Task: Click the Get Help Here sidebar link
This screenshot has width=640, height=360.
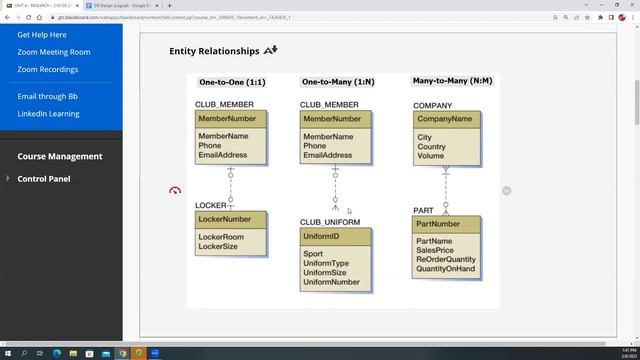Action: [x=42, y=35]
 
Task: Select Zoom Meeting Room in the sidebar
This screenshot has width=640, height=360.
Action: [x=54, y=52]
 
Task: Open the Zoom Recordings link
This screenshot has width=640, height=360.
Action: [x=47, y=70]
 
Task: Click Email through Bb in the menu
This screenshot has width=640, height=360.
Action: [x=47, y=96]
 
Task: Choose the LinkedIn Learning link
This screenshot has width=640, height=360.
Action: [x=48, y=114]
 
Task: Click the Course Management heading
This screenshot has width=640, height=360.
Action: [x=60, y=156]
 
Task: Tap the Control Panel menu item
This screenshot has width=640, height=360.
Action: [x=44, y=179]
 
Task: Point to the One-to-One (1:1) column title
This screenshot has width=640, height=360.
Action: [x=232, y=82]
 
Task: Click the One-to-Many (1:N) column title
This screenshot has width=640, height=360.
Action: [x=337, y=82]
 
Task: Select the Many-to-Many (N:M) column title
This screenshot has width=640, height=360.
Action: [x=453, y=81]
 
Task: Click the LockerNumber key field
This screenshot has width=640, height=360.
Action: [x=225, y=219]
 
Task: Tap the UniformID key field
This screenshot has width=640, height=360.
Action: [x=321, y=236]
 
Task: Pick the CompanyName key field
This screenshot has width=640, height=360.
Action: [x=445, y=119]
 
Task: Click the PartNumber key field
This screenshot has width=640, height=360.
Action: [x=438, y=224]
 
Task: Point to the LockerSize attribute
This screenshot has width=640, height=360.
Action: [x=218, y=246]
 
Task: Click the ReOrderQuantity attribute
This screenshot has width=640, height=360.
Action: [x=446, y=260]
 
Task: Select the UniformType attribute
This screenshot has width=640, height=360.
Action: [x=326, y=263]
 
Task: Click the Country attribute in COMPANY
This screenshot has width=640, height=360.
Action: [x=432, y=147]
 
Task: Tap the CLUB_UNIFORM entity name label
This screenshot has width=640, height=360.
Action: [x=330, y=222]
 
